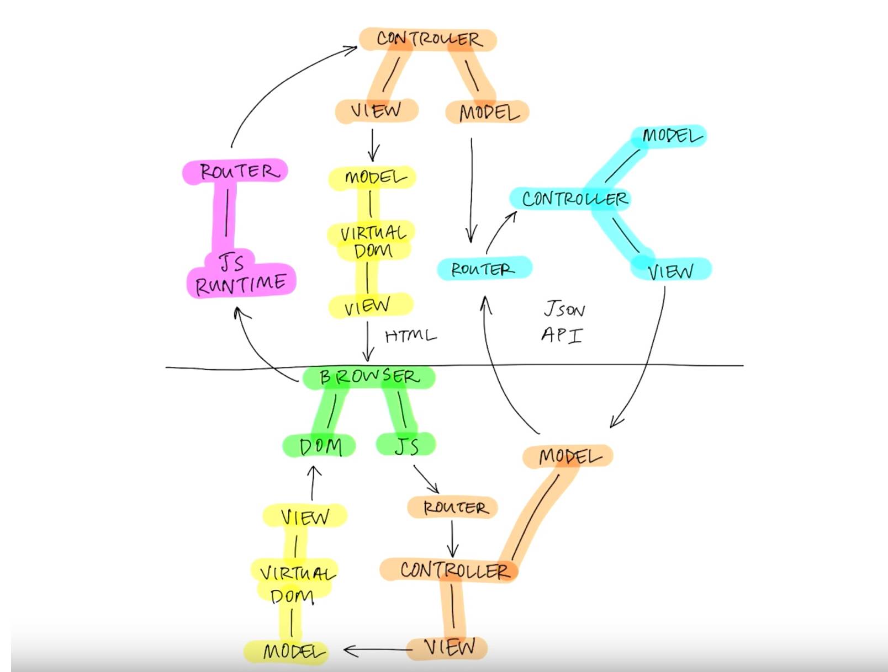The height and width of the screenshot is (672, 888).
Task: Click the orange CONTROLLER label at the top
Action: [428, 39]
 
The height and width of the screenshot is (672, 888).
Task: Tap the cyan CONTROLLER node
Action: [574, 199]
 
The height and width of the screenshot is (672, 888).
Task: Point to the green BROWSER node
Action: [369, 377]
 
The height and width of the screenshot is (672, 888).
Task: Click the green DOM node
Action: [320, 446]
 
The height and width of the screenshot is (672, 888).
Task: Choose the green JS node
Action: [406, 445]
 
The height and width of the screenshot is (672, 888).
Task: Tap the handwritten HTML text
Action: [410, 335]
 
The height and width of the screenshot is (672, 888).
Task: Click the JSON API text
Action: [563, 322]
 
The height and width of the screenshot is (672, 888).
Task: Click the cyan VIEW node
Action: [670, 270]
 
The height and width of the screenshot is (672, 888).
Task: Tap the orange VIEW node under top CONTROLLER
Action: [377, 110]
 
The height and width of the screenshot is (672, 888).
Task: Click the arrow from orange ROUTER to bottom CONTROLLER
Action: [452, 538]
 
